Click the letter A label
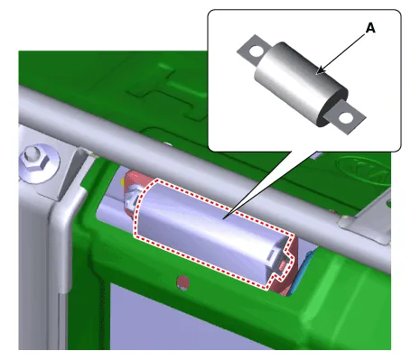(x=370, y=28)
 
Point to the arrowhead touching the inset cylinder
(x=321, y=70)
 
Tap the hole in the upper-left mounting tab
(x=257, y=51)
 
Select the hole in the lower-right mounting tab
(x=345, y=117)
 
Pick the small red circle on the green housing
(x=182, y=282)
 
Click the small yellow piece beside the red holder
(x=123, y=181)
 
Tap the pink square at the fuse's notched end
(x=283, y=265)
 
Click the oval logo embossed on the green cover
(x=363, y=171)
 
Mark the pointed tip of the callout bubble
(x=224, y=217)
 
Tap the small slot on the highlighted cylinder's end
(x=271, y=254)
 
